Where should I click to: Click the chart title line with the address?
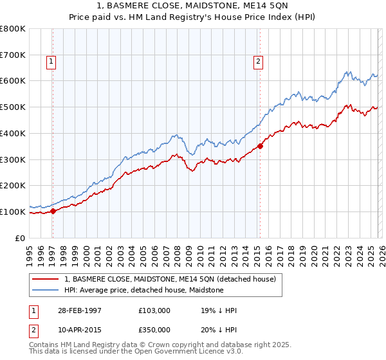click(x=193, y=6)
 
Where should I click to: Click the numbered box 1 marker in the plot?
click(x=51, y=62)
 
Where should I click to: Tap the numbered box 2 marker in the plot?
click(x=257, y=62)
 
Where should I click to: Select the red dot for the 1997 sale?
click(x=53, y=211)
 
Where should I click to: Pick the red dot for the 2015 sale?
click(x=260, y=146)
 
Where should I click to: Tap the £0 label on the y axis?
click(x=19, y=238)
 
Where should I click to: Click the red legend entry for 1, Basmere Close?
click(x=170, y=279)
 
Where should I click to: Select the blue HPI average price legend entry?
click(x=143, y=290)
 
